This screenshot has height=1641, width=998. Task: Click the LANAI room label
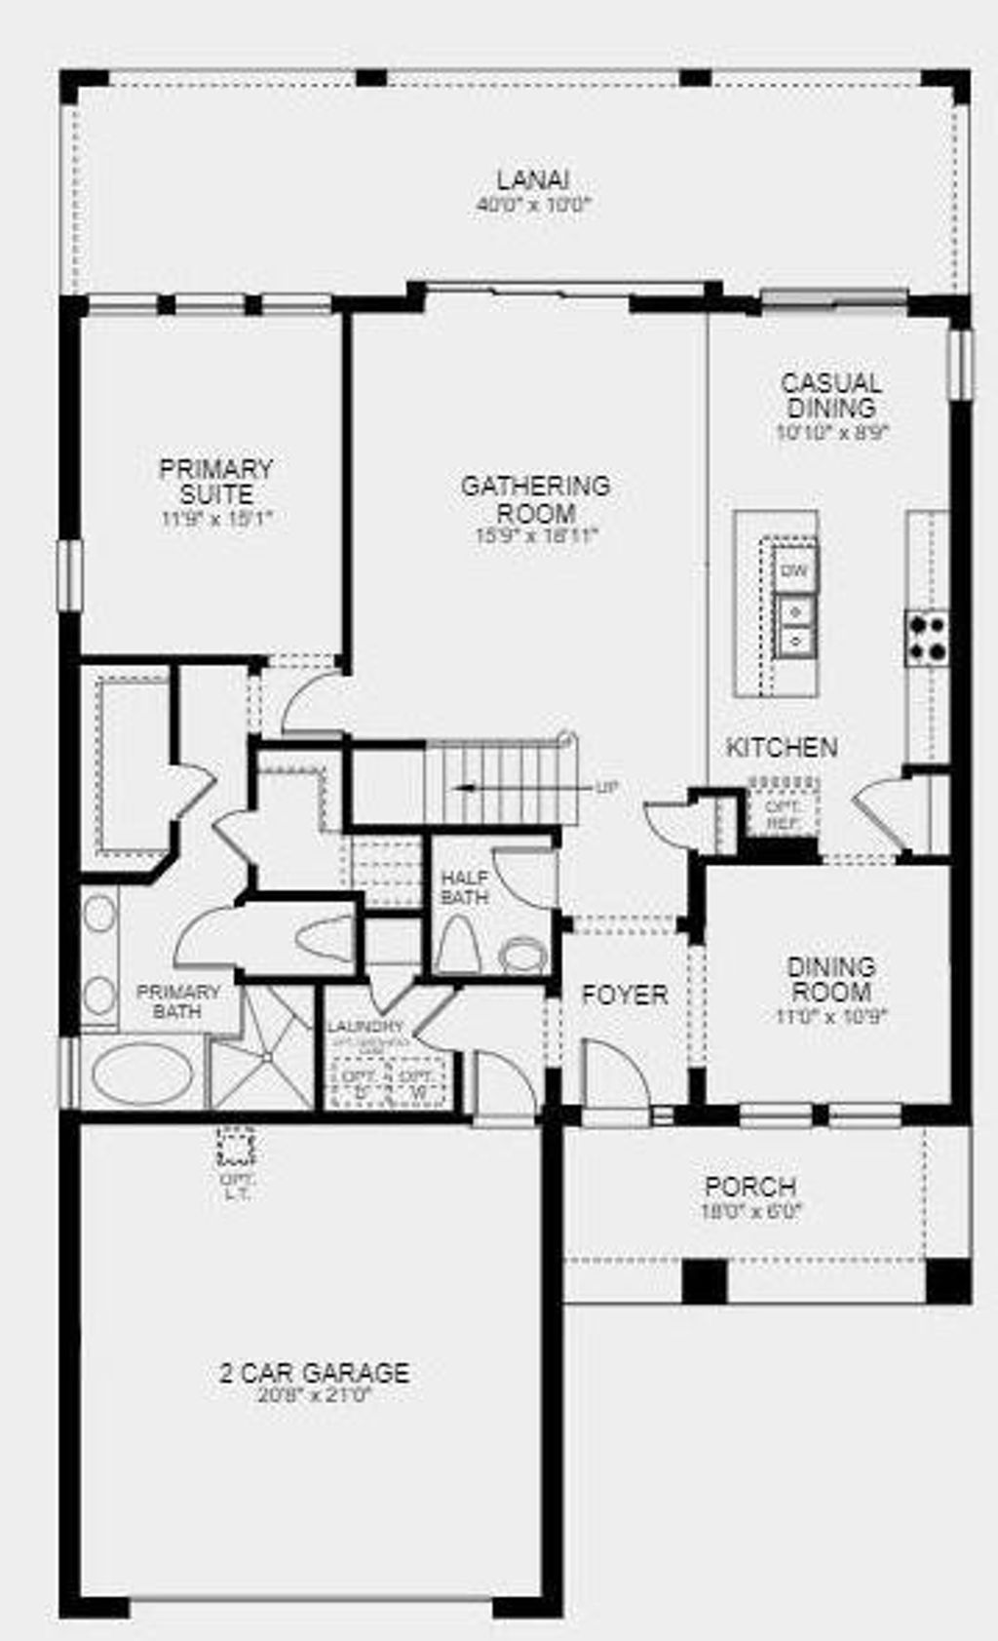pos(532,179)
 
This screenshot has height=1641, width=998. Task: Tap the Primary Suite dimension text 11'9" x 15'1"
pos(215,519)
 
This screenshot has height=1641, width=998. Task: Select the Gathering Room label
pos(535,498)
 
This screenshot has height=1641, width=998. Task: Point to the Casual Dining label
pos(831,395)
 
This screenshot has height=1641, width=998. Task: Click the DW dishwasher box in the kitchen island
pos(795,571)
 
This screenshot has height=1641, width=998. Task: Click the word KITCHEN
pos(782,748)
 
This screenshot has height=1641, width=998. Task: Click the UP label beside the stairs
pos(605,788)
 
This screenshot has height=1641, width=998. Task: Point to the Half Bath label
pos(465,886)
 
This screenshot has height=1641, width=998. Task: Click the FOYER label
pos(625,996)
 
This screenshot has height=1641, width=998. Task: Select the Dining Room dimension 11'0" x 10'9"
pos(832,1017)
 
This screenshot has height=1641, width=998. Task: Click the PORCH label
pos(750,1188)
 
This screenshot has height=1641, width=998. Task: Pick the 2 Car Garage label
pos(314,1373)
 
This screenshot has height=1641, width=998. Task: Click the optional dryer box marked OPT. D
pos(358,1081)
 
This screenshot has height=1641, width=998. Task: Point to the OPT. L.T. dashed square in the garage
pos(235,1148)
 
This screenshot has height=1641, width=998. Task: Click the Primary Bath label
pos(177,1001)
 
